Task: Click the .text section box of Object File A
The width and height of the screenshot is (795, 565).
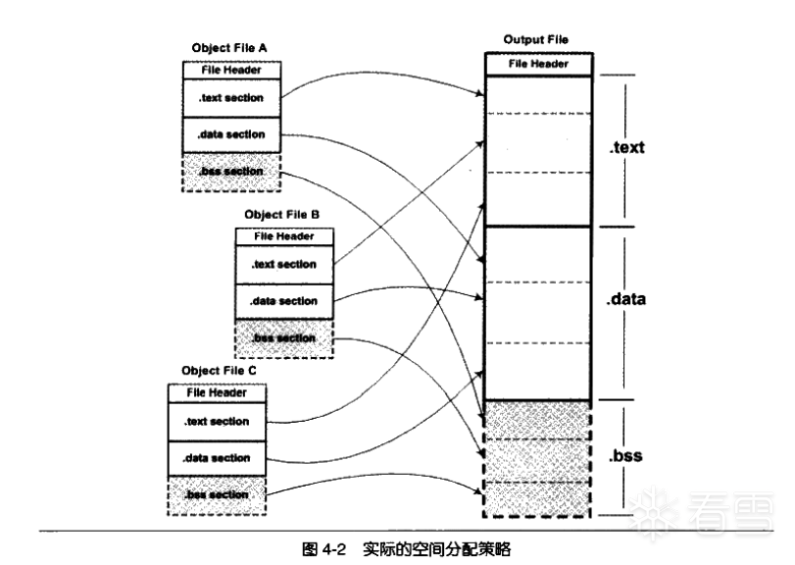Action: click(x=230, y=98)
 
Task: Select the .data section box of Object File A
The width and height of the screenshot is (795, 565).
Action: click(x=230, y=134)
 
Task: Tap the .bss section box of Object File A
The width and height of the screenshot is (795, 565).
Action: click(x=230, y=172)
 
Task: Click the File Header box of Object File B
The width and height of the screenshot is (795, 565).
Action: click(x=283, y=236)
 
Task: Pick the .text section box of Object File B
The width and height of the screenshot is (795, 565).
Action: click(x=283, y=264)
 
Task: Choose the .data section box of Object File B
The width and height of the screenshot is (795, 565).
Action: click(x=283, y=301)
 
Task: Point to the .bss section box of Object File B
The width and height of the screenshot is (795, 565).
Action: click(x=283, y=337)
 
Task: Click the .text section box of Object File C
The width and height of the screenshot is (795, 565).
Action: click(x=216, y=422)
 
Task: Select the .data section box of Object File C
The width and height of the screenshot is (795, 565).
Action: click(x=216, y=458)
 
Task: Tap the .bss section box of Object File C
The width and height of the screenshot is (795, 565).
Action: click(x=216, y=494)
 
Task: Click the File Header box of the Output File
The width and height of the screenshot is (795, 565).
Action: click(x=538, y=64)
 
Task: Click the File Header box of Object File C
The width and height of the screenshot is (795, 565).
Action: click(x=216, y=393)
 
